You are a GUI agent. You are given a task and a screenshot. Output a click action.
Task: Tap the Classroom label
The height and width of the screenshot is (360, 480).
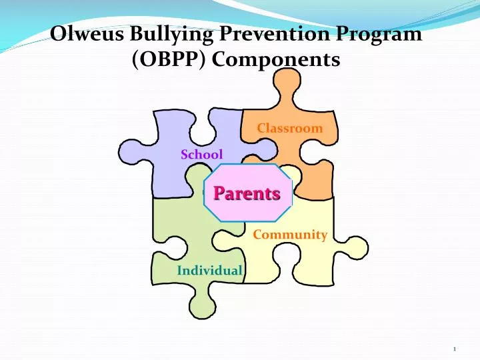tap(290, 128)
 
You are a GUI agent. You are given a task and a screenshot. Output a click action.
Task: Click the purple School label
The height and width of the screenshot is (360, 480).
tap(201, 155)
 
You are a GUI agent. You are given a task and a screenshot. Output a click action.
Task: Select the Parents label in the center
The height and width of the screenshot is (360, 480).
tap(247, 193)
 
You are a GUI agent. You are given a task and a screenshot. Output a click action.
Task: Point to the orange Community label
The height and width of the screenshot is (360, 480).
tap(290, 235)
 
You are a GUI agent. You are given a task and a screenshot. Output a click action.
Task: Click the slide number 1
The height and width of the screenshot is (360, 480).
tap(453, 349)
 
